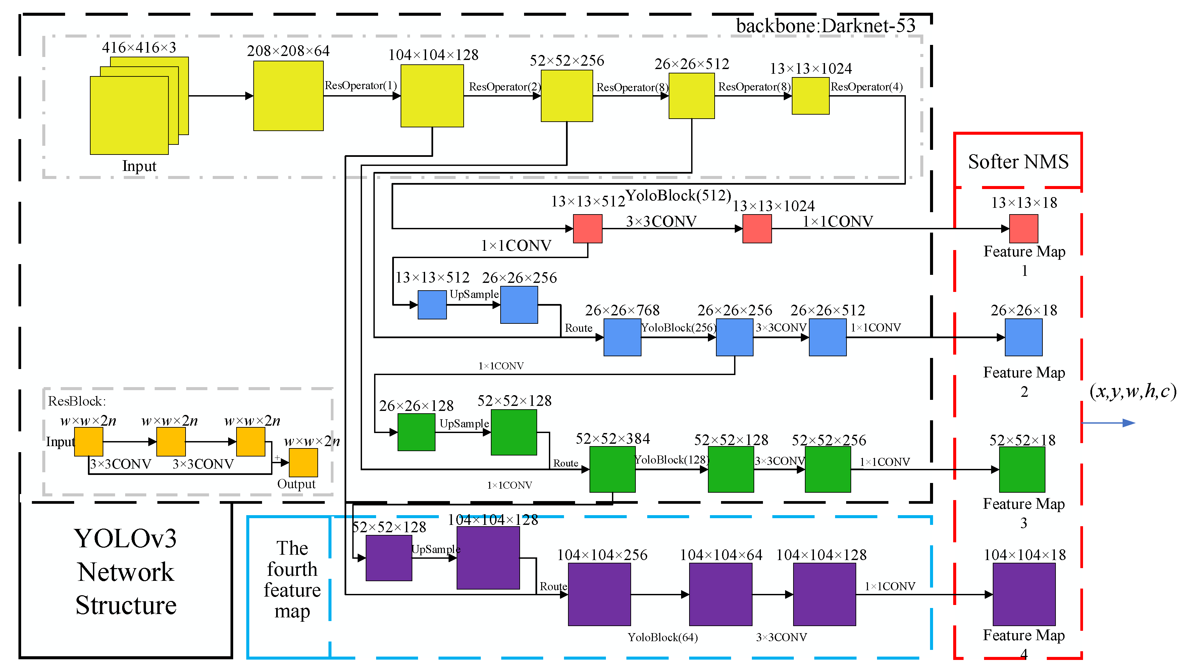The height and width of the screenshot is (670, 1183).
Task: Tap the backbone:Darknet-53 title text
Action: click(825, 26)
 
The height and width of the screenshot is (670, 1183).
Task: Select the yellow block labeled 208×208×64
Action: click(288, 96)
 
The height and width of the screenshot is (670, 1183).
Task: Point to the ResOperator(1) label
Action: click(361, 85)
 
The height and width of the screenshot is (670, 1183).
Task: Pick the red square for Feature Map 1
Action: click(1023, 229)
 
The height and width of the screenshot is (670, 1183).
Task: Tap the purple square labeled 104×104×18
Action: click(1024, 594)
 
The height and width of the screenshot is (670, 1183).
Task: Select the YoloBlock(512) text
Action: click(678, 195)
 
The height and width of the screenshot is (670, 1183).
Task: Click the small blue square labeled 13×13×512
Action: click(431, 305)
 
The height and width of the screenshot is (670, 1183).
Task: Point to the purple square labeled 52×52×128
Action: click(389, 558)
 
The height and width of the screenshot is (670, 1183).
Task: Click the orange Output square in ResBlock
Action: click(303, 463)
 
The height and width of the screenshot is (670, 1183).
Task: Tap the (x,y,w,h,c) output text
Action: click(1132, 391)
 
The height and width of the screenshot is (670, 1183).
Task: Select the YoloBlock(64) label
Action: click(662, 637)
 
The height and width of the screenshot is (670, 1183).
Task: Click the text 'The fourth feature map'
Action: click(292, 580)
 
